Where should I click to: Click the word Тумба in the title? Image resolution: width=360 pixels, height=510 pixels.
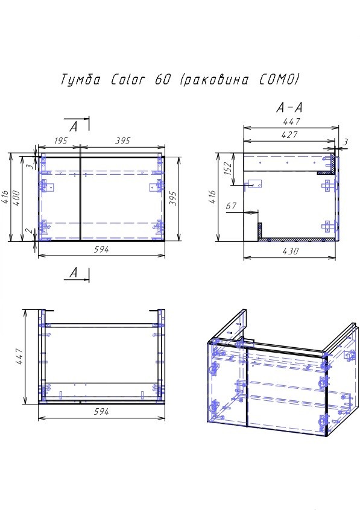pos(82,80)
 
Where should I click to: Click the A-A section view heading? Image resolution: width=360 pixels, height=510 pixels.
pos(289,109)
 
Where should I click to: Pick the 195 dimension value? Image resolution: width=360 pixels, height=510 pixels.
pos(59,141)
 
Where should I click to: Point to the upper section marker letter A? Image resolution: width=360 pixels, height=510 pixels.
pos(74,126)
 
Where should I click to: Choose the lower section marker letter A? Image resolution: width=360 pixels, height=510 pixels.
pos(74,274)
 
